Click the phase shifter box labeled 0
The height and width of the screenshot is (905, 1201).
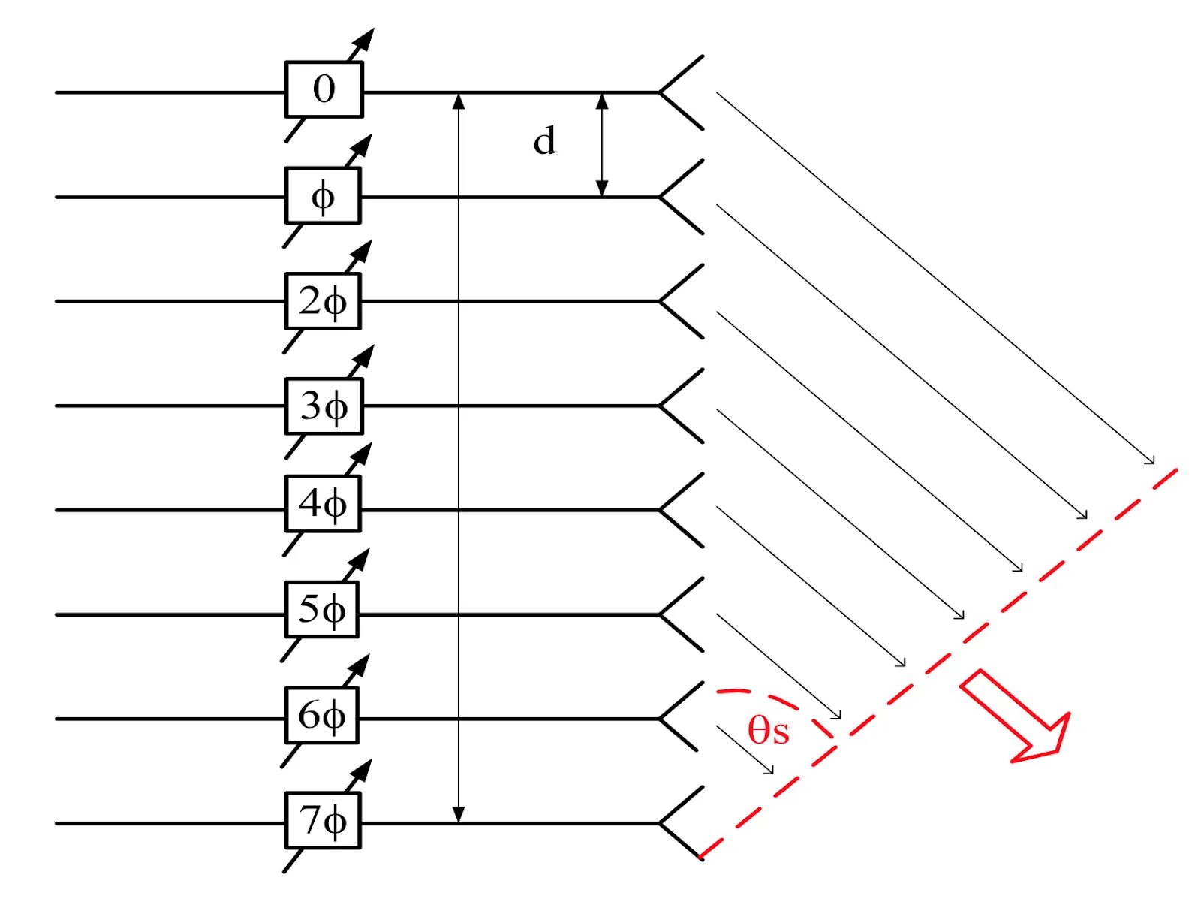coord(324,89)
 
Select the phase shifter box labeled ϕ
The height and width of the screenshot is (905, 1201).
coord(323,195)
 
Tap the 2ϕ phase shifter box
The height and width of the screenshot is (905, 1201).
coord(323,301)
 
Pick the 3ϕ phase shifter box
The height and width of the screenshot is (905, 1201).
coord(324,406)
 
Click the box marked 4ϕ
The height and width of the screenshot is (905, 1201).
coord(323,503)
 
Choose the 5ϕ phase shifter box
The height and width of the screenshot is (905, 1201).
coord(321,609)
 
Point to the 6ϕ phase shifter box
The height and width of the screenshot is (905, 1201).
coord(321,715)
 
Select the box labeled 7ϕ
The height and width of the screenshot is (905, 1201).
coord(323,820)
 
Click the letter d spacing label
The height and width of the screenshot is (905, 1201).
coord(545,141)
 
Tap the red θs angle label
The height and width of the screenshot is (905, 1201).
coord(768,730)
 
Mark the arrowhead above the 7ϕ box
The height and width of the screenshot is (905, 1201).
coord(363,769)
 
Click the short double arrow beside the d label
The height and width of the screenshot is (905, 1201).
coord(601,144)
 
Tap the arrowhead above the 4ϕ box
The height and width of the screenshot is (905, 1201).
coord(363,453)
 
